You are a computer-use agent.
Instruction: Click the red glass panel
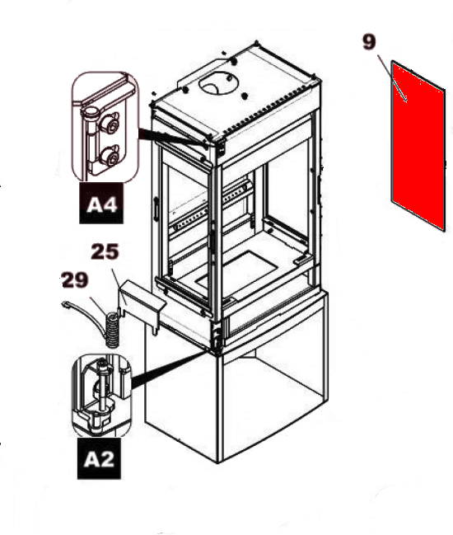tap(418, 146)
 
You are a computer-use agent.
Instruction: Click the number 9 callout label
tap(369, 42)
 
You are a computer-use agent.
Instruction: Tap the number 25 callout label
tap(105, 251)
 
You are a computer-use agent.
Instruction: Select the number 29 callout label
tap(75, 279)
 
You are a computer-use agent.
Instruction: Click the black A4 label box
tap(101, 204)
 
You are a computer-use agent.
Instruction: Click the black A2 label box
tap(99, 458)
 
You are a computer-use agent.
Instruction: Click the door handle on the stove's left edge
tap(156, 208)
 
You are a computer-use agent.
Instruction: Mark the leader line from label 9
tap(392, 77)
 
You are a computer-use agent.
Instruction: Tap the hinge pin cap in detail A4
tap(91, 112)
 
